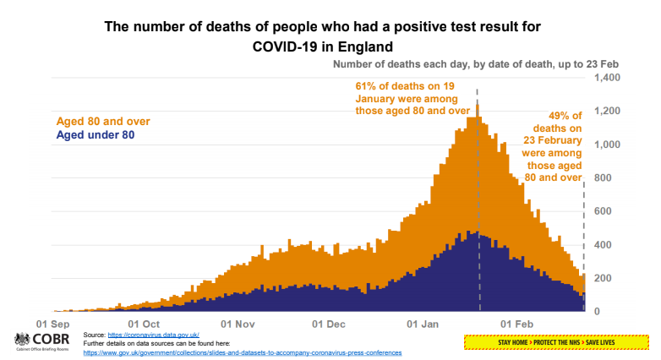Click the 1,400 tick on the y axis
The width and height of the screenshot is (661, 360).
pos(608,78)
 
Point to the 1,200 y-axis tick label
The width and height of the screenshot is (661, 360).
pos(608,112)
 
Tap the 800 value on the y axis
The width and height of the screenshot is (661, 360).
pos(599,178)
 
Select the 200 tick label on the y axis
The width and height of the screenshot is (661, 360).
pos(599,278)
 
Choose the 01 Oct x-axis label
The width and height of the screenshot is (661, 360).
pos(144,324)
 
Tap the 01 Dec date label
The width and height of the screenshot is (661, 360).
pos(330,324)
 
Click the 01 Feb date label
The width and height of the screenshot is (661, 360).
pos(518,324)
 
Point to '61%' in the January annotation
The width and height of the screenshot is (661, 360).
pos(365,86)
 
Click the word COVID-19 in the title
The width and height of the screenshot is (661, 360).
pos(287,46)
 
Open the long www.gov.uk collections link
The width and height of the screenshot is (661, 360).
pos(243,352)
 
